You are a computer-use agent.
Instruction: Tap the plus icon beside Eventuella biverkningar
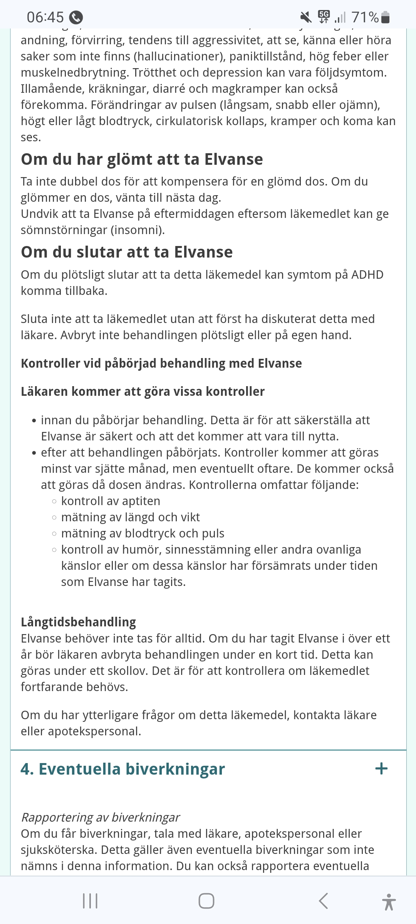pyautogui.click(x=381, y=769)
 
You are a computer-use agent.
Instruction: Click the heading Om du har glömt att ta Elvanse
pyautogui.click(x=142, y=159)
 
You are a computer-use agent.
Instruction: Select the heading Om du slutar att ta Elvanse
pyautogui.click(x=127, y=252)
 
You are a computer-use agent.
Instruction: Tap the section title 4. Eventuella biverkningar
pyautogui.click(x=122, y=769)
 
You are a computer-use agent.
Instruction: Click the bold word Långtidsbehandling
pyautogui.click(x=79, y=622)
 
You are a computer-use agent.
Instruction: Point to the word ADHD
pyautogui.click(x=367, y=275)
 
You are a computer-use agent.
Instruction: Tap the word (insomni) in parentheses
pyautogui.click(x=138, y=230)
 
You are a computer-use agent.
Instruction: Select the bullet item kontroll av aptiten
pyautogui.click(x=111, y=501)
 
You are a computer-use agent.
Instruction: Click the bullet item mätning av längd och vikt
pyautogui.click(x=131, y=517)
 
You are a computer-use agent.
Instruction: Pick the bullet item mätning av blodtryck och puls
pyautogui.click(x=143, y=534)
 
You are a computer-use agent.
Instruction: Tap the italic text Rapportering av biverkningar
pyautogui.click(x=101, y=817)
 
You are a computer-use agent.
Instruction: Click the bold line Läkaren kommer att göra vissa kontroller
pyautogui.click(x=143, y=392)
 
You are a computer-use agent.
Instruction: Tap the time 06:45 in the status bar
pyautogui.click(x=45, y=17)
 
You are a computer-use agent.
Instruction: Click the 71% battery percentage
pyautogui.click(x=365, y=17)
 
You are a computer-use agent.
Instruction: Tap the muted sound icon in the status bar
pyautogui.click(x=306, y=17)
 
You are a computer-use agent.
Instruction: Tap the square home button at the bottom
pyautogui.click(x=206, y=901)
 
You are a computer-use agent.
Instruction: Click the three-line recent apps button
pyautogui.click(x=90, y=901)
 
